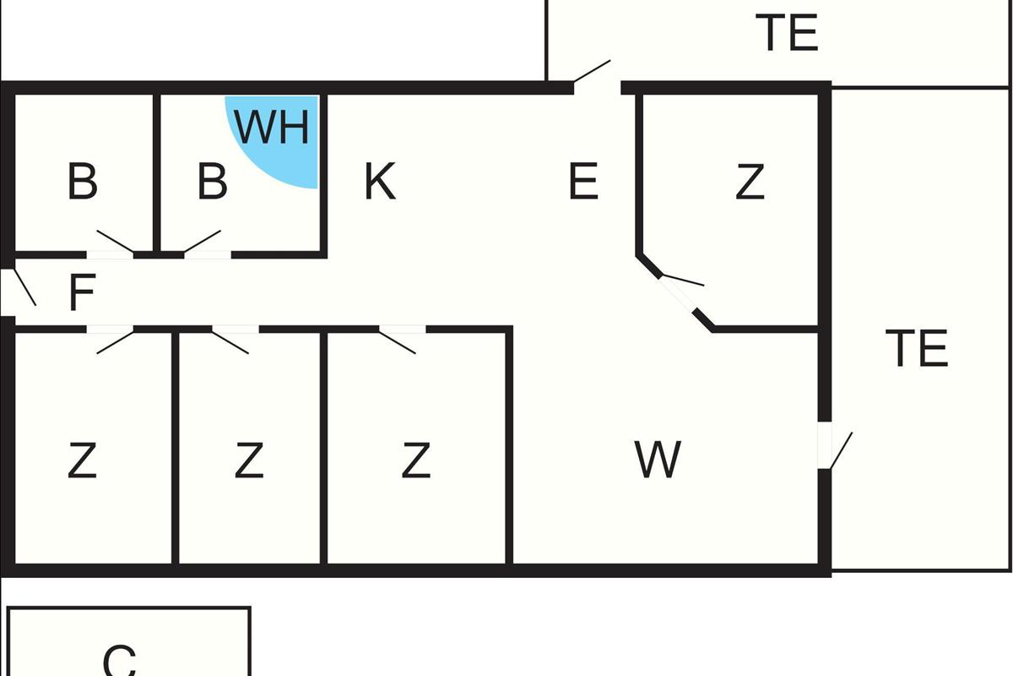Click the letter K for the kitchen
[380, 183]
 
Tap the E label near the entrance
[583, 183]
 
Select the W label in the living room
[658, 461]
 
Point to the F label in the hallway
[81, 293]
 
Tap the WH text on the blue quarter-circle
[272, 128]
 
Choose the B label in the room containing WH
[212, 183]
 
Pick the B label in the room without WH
[82, 183]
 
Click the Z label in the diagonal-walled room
[750, 183]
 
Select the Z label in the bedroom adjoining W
[415, 461]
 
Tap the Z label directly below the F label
[82, 461]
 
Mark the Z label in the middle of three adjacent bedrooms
[248, 461]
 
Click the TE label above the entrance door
[787, 34]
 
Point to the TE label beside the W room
[917, 349]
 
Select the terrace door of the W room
[832, 445]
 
